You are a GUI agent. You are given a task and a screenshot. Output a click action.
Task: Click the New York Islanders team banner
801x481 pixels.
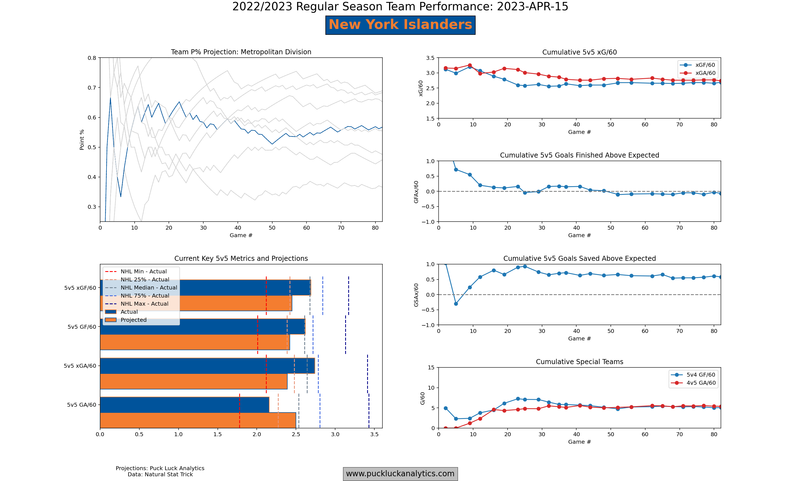tap(400, 25)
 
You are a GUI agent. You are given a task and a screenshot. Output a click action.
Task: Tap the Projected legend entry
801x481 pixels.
tap(133, 320)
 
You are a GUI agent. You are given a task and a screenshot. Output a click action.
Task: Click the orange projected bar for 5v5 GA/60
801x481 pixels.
tap(198, 420)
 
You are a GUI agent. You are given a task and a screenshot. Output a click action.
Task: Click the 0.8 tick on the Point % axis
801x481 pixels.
tap(92, 58)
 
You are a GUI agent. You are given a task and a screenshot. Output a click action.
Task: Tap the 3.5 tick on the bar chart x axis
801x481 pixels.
tap(374, 434)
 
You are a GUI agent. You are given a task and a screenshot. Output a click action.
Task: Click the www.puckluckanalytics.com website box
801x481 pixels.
tap(400, 473)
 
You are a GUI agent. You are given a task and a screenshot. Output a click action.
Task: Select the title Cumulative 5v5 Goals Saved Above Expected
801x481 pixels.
tap(579, 258)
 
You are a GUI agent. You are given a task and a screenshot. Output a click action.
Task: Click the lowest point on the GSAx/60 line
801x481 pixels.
tap(456, 304)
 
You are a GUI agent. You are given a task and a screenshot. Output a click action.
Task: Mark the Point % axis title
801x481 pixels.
tap(82, 140)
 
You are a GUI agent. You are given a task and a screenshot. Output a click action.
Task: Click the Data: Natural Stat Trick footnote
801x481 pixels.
tap(160, 475)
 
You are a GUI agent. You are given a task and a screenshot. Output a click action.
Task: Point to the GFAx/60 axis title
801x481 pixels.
tap(416, 192)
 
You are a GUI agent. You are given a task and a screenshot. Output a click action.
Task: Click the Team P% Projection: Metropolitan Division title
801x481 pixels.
tap(241, 52)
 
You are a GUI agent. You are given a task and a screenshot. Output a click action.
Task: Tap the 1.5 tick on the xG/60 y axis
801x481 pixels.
tap(430, 119)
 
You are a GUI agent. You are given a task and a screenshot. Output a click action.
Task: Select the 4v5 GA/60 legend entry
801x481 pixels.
tap(701, 383)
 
